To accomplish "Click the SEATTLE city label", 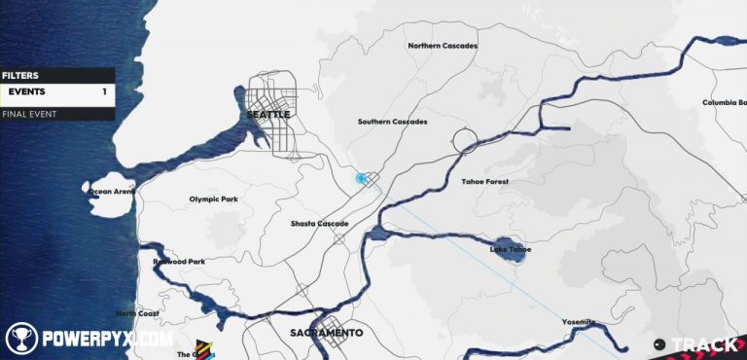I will coord(268,115).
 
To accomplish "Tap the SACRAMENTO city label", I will coord(327,333).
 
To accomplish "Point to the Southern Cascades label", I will coord(392,122).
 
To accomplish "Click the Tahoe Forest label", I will coord(484,182).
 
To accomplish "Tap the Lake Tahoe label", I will coord(511,250).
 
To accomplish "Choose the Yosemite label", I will coord(579,322).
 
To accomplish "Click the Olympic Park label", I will coord(213,199).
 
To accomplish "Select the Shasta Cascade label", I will coord(319,224).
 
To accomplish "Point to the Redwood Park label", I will coord(179,262).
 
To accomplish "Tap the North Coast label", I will coord(137,313).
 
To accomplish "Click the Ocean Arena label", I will coord(112,192).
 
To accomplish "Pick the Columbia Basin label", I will coord(724,102).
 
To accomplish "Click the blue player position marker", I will coord(361,178).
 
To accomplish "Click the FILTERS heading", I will coord(19,75).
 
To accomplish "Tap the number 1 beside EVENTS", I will coord(104,92).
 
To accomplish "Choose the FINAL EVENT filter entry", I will coord(29,114).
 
